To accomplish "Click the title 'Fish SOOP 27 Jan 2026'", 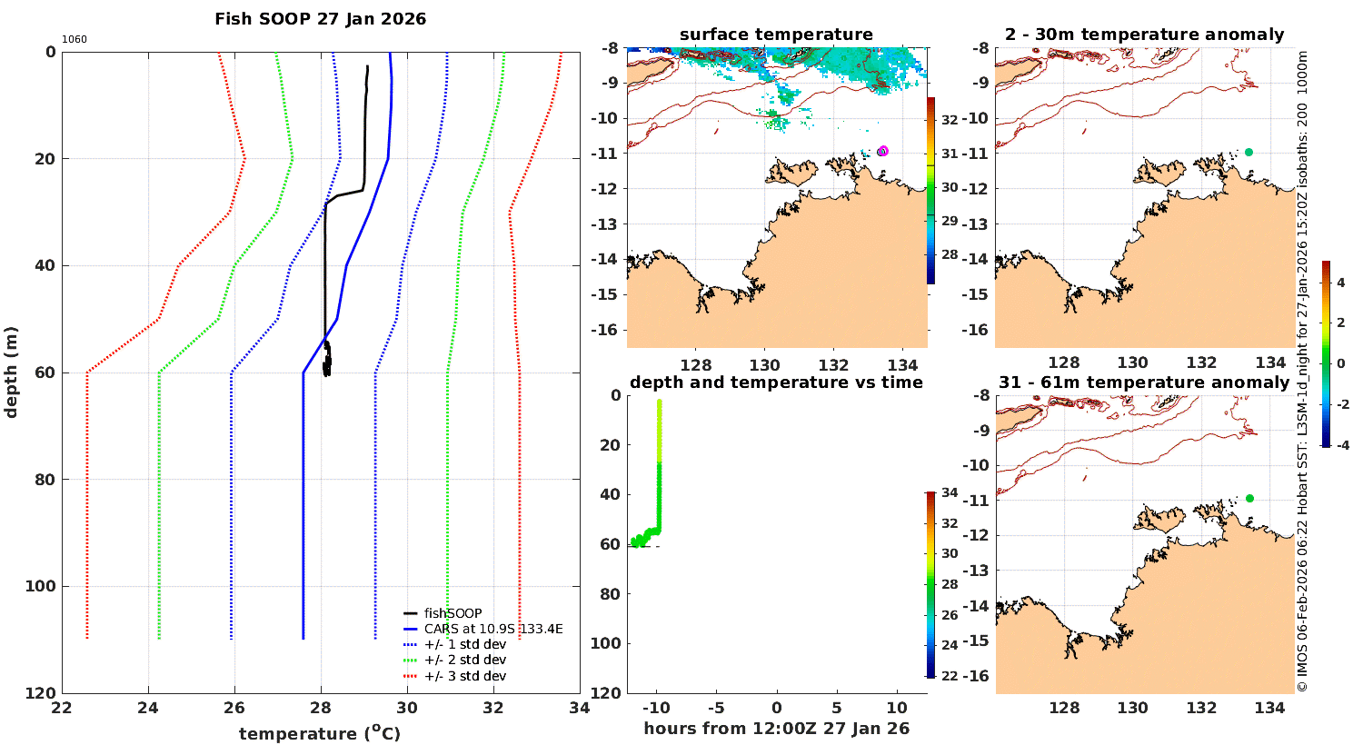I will click(320, 19).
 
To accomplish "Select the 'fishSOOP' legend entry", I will click(453, 613).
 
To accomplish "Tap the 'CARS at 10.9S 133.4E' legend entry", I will click(493, 629).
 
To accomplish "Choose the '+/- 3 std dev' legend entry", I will click(464, 676).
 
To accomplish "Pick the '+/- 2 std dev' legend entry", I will click(464, 660).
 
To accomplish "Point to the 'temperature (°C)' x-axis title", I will click(319, 733).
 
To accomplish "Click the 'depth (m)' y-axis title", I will click(12, 372).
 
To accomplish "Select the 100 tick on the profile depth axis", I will click(38, 586).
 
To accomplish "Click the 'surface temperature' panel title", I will click(776, 35).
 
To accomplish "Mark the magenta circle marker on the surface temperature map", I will click(882, 152).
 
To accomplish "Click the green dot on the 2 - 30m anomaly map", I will click(1249, 152).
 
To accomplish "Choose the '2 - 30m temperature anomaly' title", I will click(1144, 35).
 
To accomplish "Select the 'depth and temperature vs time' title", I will click(776, 382).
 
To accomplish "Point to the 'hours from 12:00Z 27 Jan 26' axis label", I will click(776, 728).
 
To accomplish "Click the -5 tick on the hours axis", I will click(715, 708).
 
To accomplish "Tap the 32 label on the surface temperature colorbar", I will click(950, 120).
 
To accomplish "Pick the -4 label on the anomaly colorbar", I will click(1340, 445).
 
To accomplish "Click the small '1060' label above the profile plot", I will click(75, 39).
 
